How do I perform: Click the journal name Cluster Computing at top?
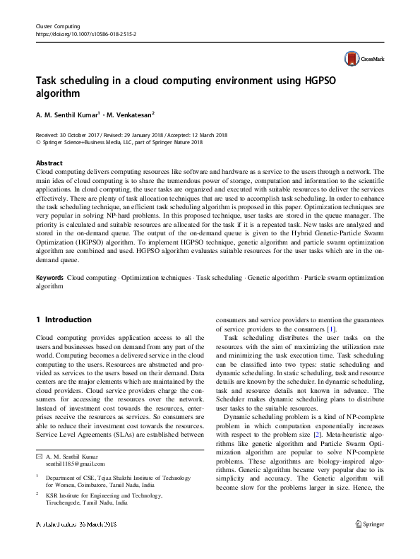pyautogui.click(x=57, y=25)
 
